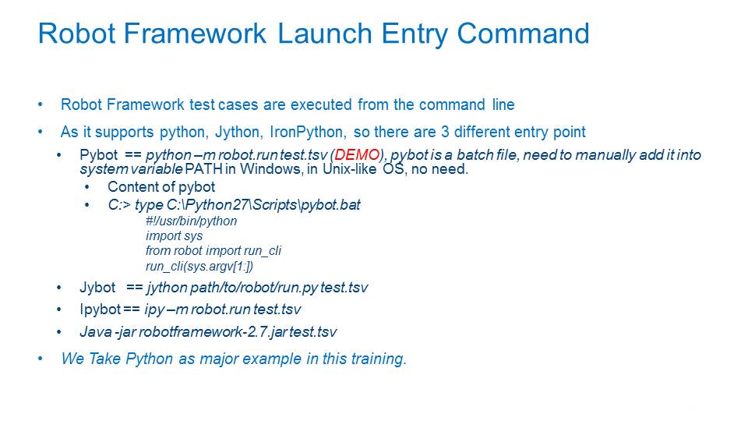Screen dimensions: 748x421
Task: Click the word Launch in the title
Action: [x=324, y=33]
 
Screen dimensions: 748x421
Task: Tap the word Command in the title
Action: [x=523, y=33]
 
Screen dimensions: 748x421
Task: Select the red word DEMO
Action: [x=357, y=154]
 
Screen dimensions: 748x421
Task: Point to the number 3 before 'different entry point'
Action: [x=445, y=132]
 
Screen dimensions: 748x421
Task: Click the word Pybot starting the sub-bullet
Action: [x=99, y=155]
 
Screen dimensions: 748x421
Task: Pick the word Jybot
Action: [x=97, y=288]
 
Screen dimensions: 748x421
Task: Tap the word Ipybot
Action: [x=101, y=310]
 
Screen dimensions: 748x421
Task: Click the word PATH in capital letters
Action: [x=203, y=169]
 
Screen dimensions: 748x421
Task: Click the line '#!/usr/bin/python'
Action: [x=192, y=221]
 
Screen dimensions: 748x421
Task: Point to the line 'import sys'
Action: [x=174, y=235]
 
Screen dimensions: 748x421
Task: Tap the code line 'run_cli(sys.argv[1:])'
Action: [x=199, y=266]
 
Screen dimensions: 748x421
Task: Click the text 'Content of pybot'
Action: [x=161, y=186]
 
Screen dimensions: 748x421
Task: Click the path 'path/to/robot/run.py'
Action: [x=254, y=288]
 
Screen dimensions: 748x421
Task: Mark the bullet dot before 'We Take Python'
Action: [x=41, y=359]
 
